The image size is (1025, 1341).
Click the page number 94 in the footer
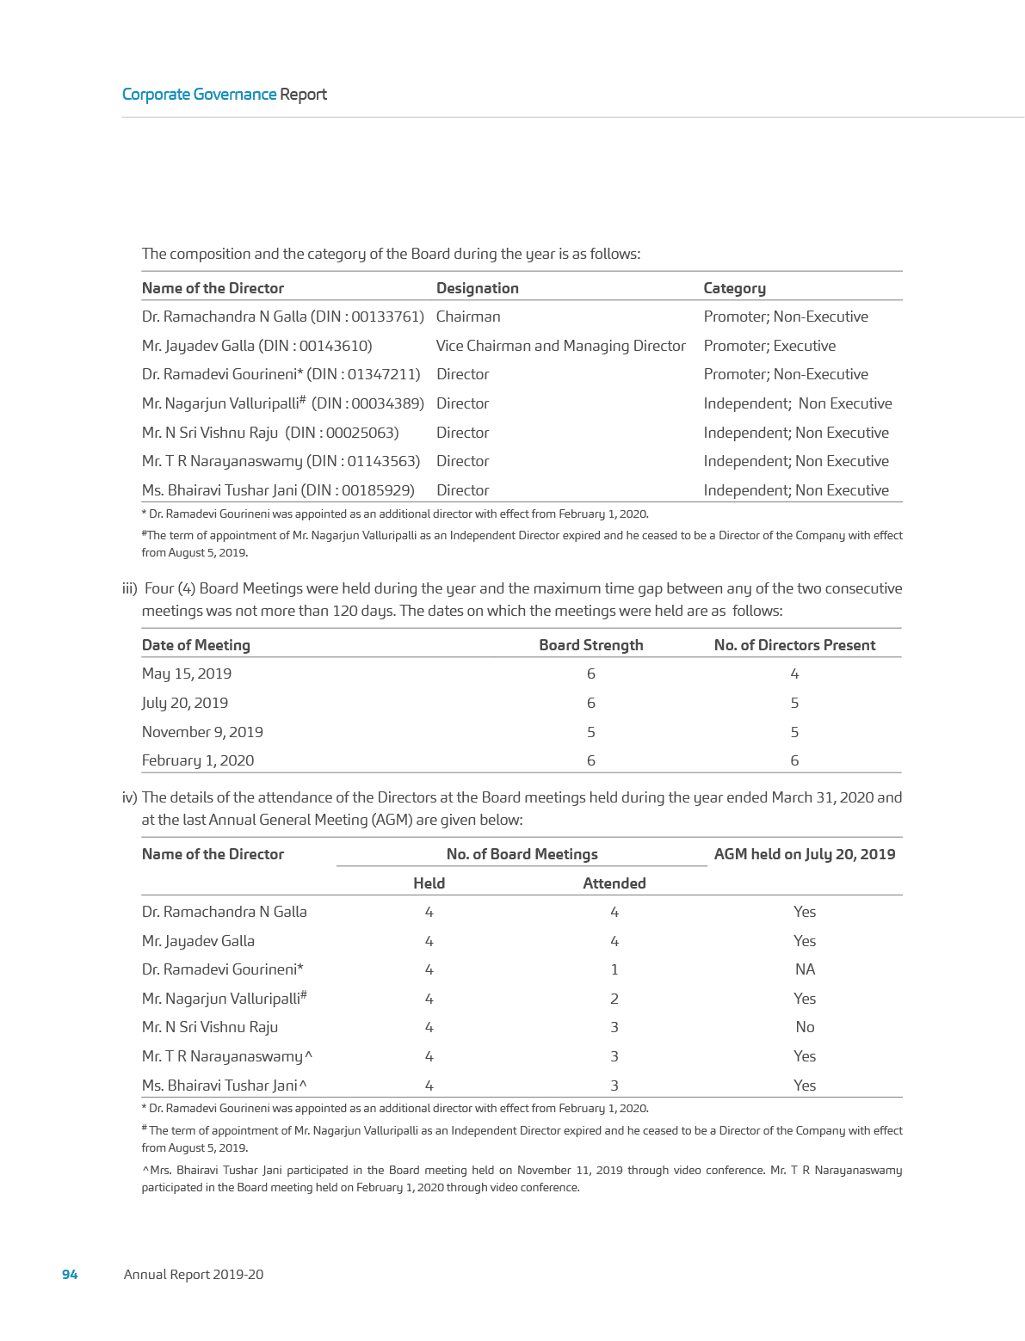tap(70, 1274)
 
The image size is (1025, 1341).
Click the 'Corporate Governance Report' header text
tap(225, 94)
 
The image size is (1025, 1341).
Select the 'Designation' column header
tap(477, 288)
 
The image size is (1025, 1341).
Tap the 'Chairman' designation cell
tap(467, 317)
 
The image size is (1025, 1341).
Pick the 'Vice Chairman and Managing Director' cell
tap(560, 346)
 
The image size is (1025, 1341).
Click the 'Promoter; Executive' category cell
tap(769, 346)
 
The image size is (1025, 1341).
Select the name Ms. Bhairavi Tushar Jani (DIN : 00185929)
tap(278, 490)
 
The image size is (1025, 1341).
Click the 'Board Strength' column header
tap(590, 645)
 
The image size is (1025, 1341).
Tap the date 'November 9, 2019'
tap(202, 732)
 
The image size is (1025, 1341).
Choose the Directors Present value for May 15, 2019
tap(794, 674)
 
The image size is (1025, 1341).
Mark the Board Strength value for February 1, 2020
tap(590, 760)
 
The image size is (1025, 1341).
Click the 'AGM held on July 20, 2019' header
tap(804, 854)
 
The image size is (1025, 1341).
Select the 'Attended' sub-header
tap(614, 883)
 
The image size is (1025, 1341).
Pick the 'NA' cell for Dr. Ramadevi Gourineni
tap(805, 969)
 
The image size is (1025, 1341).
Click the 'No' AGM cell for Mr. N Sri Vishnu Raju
tap(805, 1027)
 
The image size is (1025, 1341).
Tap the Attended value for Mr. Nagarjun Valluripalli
tap(614, 999)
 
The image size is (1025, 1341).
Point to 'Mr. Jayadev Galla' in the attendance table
tap(198, 941)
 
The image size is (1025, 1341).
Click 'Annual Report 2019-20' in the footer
tap(194, 1274)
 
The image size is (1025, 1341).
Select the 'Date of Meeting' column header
tap(196, 645)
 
